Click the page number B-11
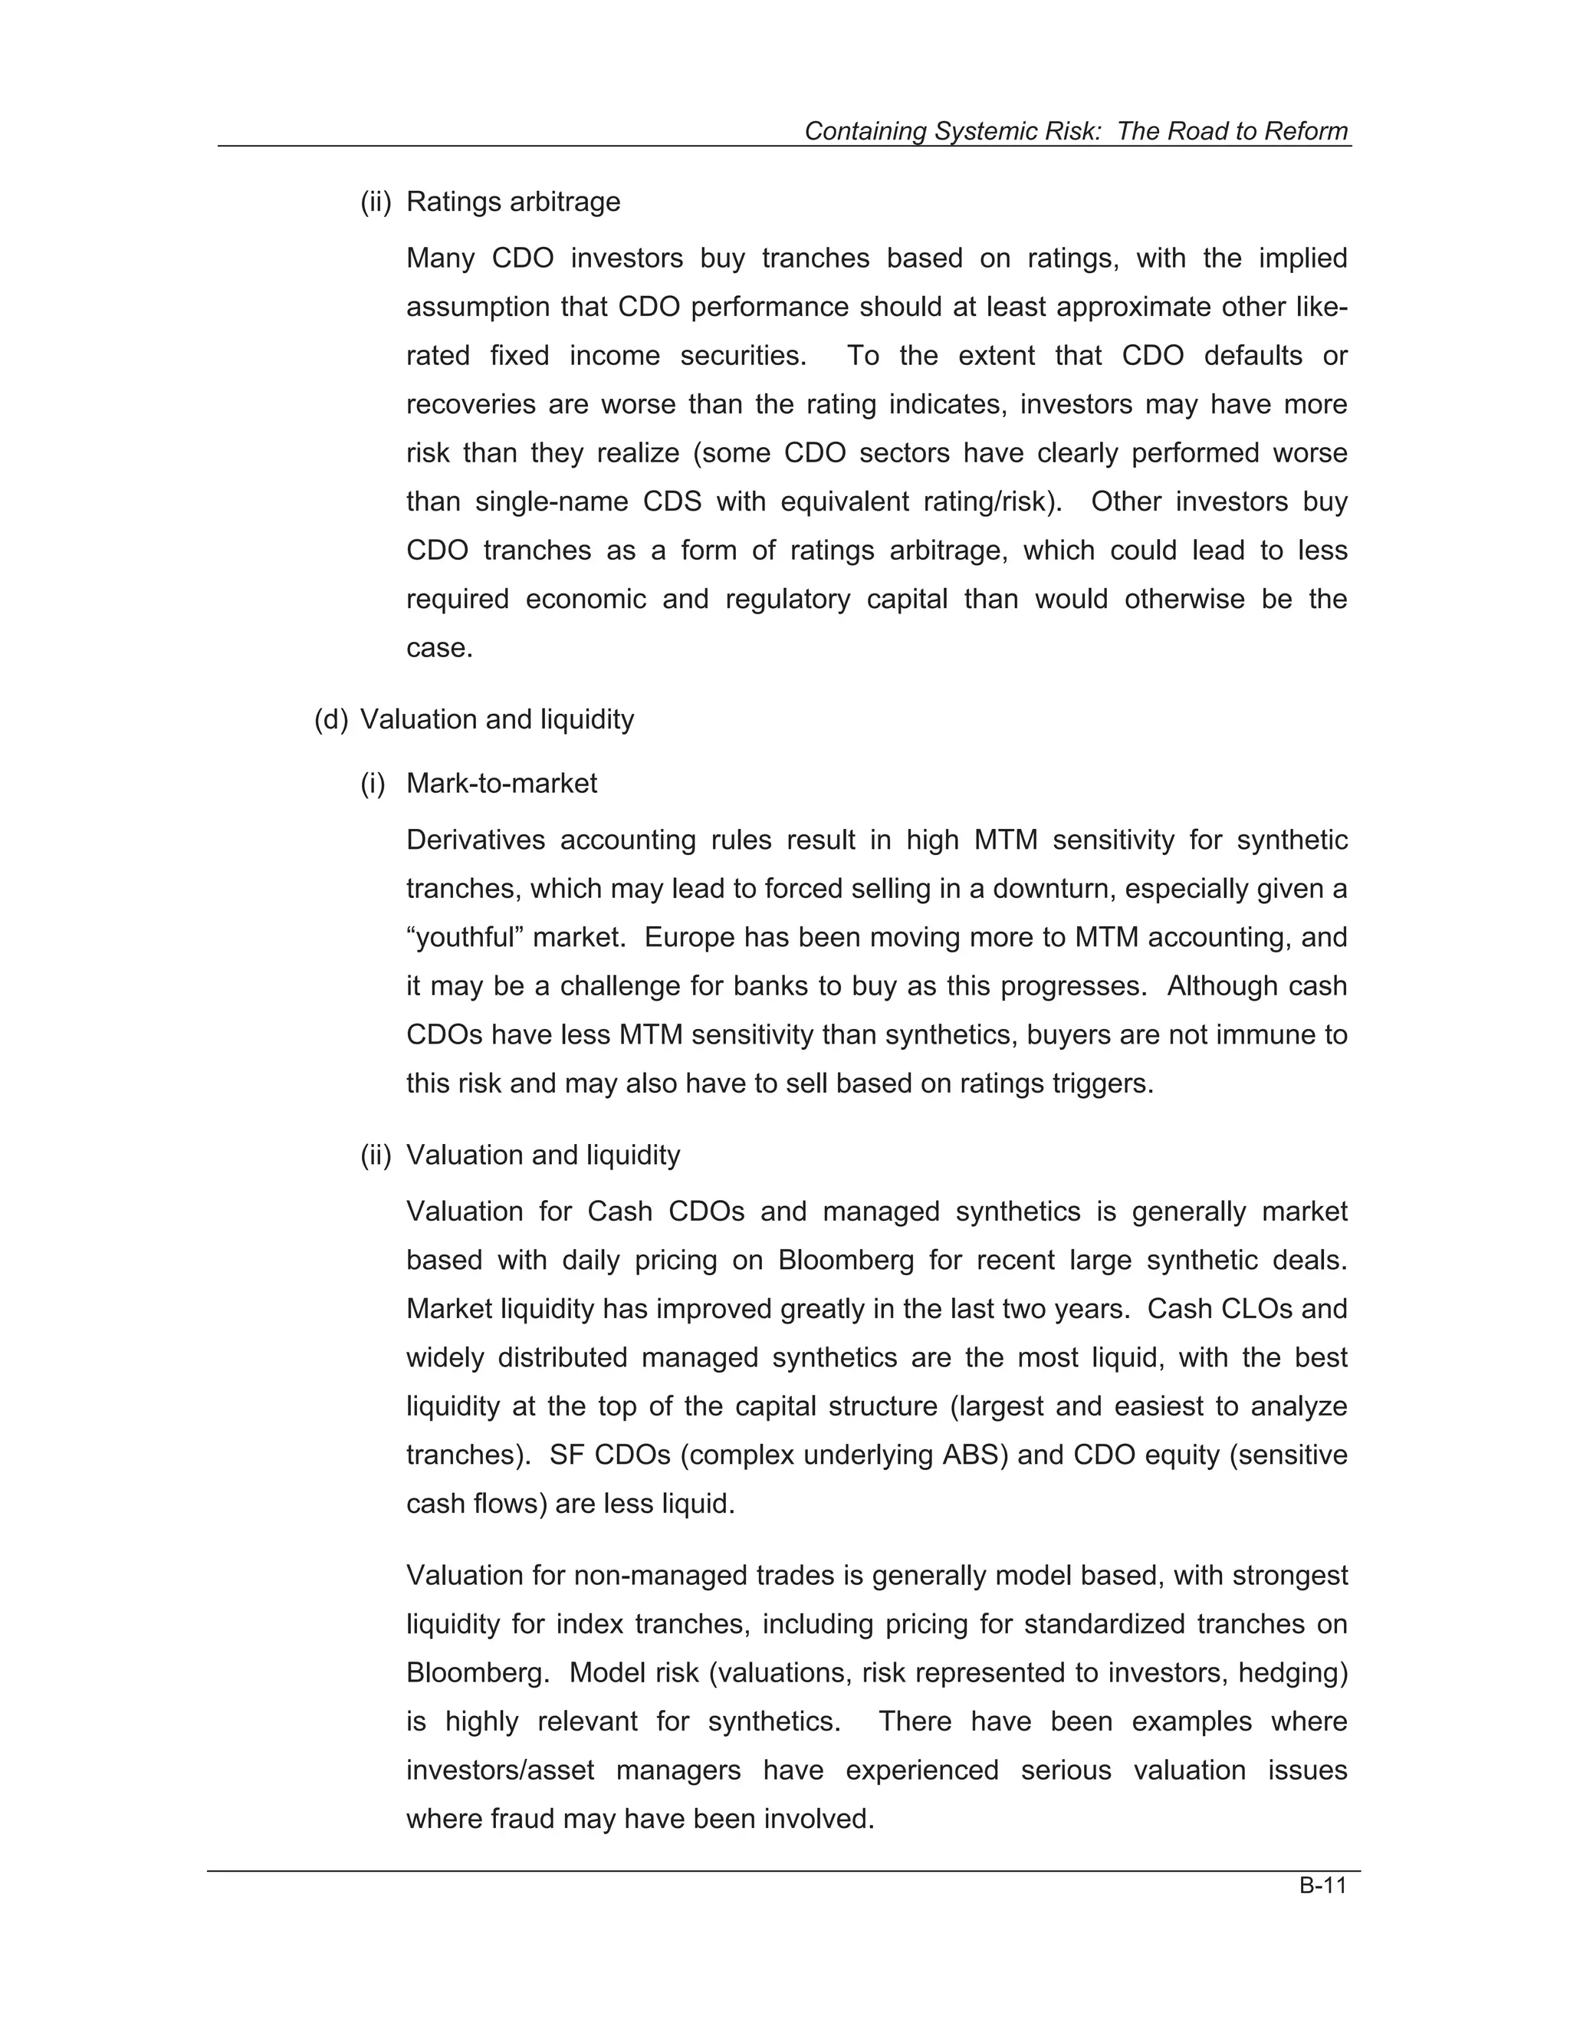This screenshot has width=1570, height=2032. click(x=1322, y=1886)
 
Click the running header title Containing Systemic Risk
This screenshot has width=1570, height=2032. click(x=1076, y=131)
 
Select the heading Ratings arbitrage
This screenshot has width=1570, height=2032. click(x=513, y=202)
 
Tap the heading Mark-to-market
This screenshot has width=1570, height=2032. click(x=501, y=784)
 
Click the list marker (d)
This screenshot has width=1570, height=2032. click(x=331, y=719)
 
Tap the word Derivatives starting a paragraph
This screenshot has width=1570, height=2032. click(x=475, y=840)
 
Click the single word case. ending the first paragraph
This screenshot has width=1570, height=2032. click(x=439, y=648)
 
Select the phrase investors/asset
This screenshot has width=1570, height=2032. click(x=500, y=1770)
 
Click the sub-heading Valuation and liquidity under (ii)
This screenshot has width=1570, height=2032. click(x=544, y=1156)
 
